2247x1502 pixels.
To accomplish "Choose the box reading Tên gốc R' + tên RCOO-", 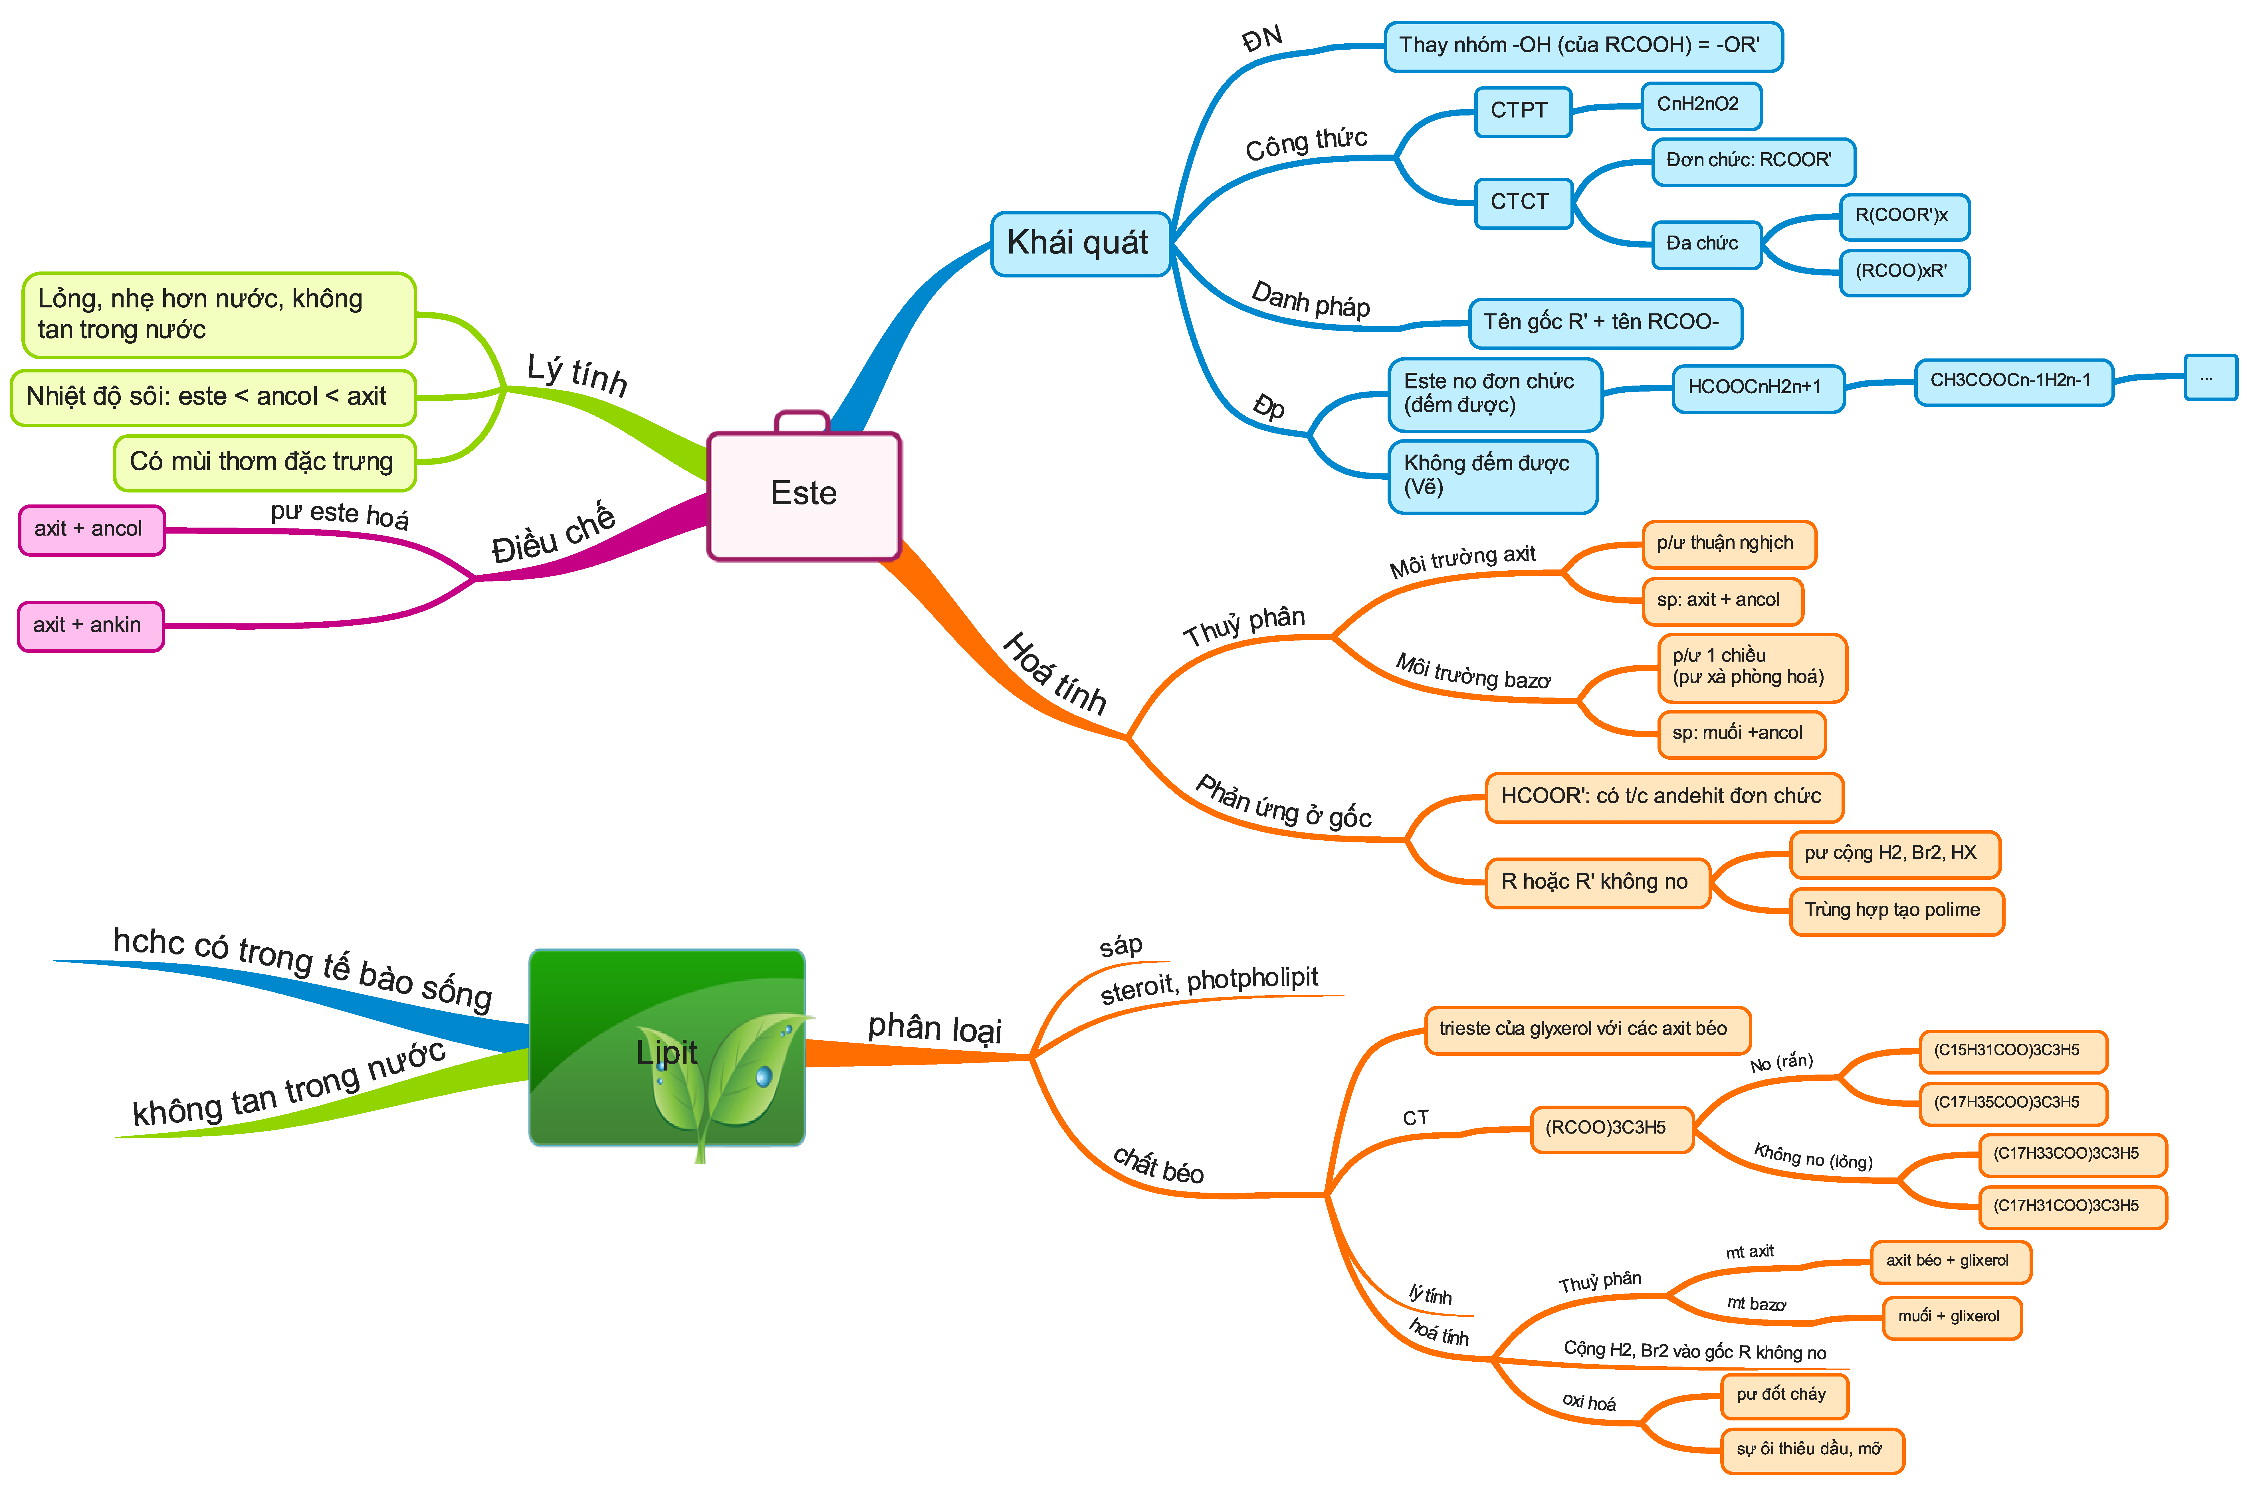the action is click(1605, 323).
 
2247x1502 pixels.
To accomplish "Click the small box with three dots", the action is click(2210, 377).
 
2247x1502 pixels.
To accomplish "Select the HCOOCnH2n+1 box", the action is click(1757, 388).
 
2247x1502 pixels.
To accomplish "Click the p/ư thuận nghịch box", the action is click(1729, 544).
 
